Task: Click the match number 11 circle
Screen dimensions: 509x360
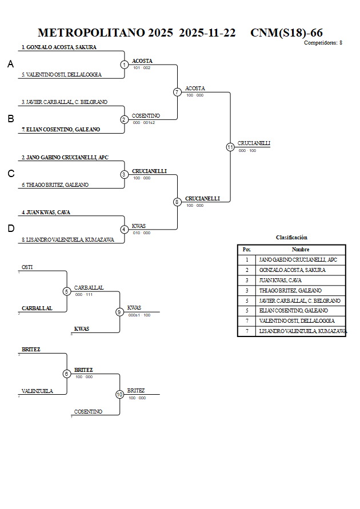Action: [230, 147]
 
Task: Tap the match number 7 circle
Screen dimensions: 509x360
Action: [177, 92]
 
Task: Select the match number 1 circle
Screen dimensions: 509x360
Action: [125, 65]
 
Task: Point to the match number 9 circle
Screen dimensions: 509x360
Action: [119, 312]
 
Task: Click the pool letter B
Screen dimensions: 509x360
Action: [10, 119]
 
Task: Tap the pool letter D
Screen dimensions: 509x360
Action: [10, 229]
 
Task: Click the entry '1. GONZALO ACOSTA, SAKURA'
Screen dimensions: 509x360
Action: [59, 47]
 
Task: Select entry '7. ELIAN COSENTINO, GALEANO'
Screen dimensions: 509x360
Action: [61, 130]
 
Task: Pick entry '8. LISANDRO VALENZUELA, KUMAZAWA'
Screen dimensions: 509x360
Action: [66, 240]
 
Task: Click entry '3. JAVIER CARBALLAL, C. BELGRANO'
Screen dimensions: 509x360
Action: [65, 102]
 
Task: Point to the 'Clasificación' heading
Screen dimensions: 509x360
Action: [291, 237]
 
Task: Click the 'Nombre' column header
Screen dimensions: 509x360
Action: [300, 250]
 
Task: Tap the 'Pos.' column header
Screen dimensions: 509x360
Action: [246, 250]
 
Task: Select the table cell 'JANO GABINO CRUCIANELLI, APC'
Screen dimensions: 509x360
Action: [298, 260]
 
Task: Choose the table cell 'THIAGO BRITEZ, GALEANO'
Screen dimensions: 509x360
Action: [290, 291]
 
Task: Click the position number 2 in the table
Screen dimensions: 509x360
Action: [246, 270]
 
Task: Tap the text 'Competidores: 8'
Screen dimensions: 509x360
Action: [323, 43]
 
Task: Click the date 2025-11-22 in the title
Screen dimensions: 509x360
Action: [207, 33]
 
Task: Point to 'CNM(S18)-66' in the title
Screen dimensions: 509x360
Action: [286, 33]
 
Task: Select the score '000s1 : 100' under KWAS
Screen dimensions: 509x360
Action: [139, 315]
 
